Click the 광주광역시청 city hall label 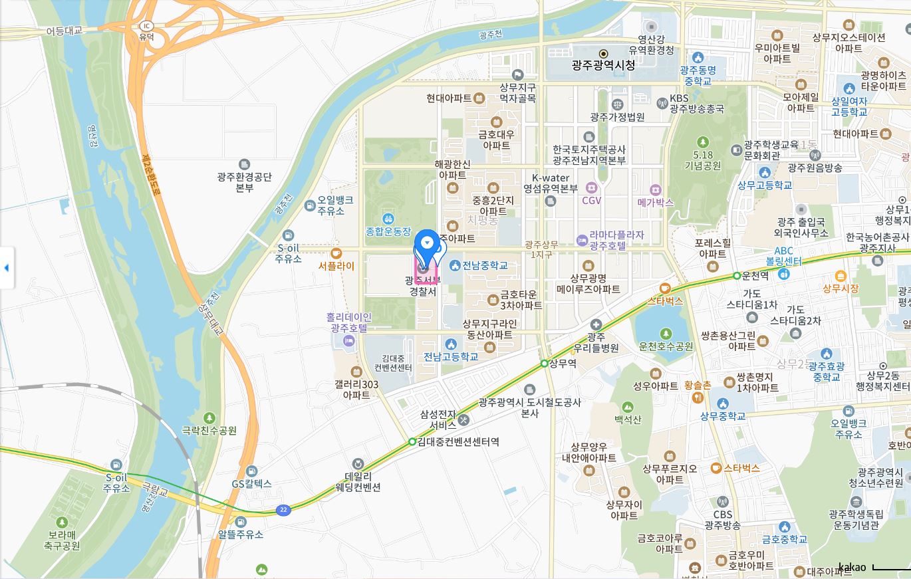[603, 65]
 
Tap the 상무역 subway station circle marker [544, 364]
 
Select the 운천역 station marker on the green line [737, 276]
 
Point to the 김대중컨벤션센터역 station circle [412, 441]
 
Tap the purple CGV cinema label [591, 200]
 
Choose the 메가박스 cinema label [655, 202]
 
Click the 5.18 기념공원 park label [703, 160]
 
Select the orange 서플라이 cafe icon [336, 253]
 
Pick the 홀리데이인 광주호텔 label [348, 322]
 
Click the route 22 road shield [284, 510]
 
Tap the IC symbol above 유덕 [146, 26]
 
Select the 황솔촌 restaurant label [698, 385]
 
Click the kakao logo [852, 567]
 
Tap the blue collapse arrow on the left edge [7, 268]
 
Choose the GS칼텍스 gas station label [251, 484]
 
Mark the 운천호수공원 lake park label [666, 346]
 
